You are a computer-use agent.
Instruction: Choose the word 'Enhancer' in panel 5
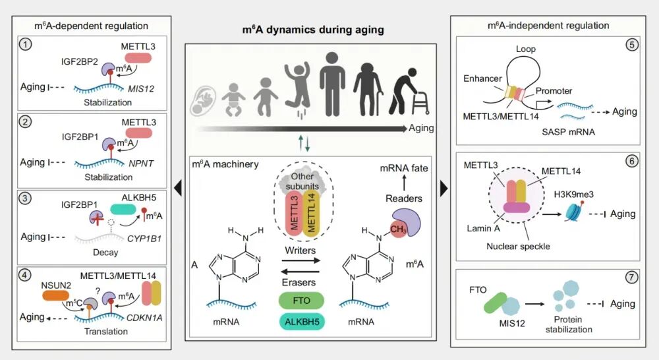point(483,78)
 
